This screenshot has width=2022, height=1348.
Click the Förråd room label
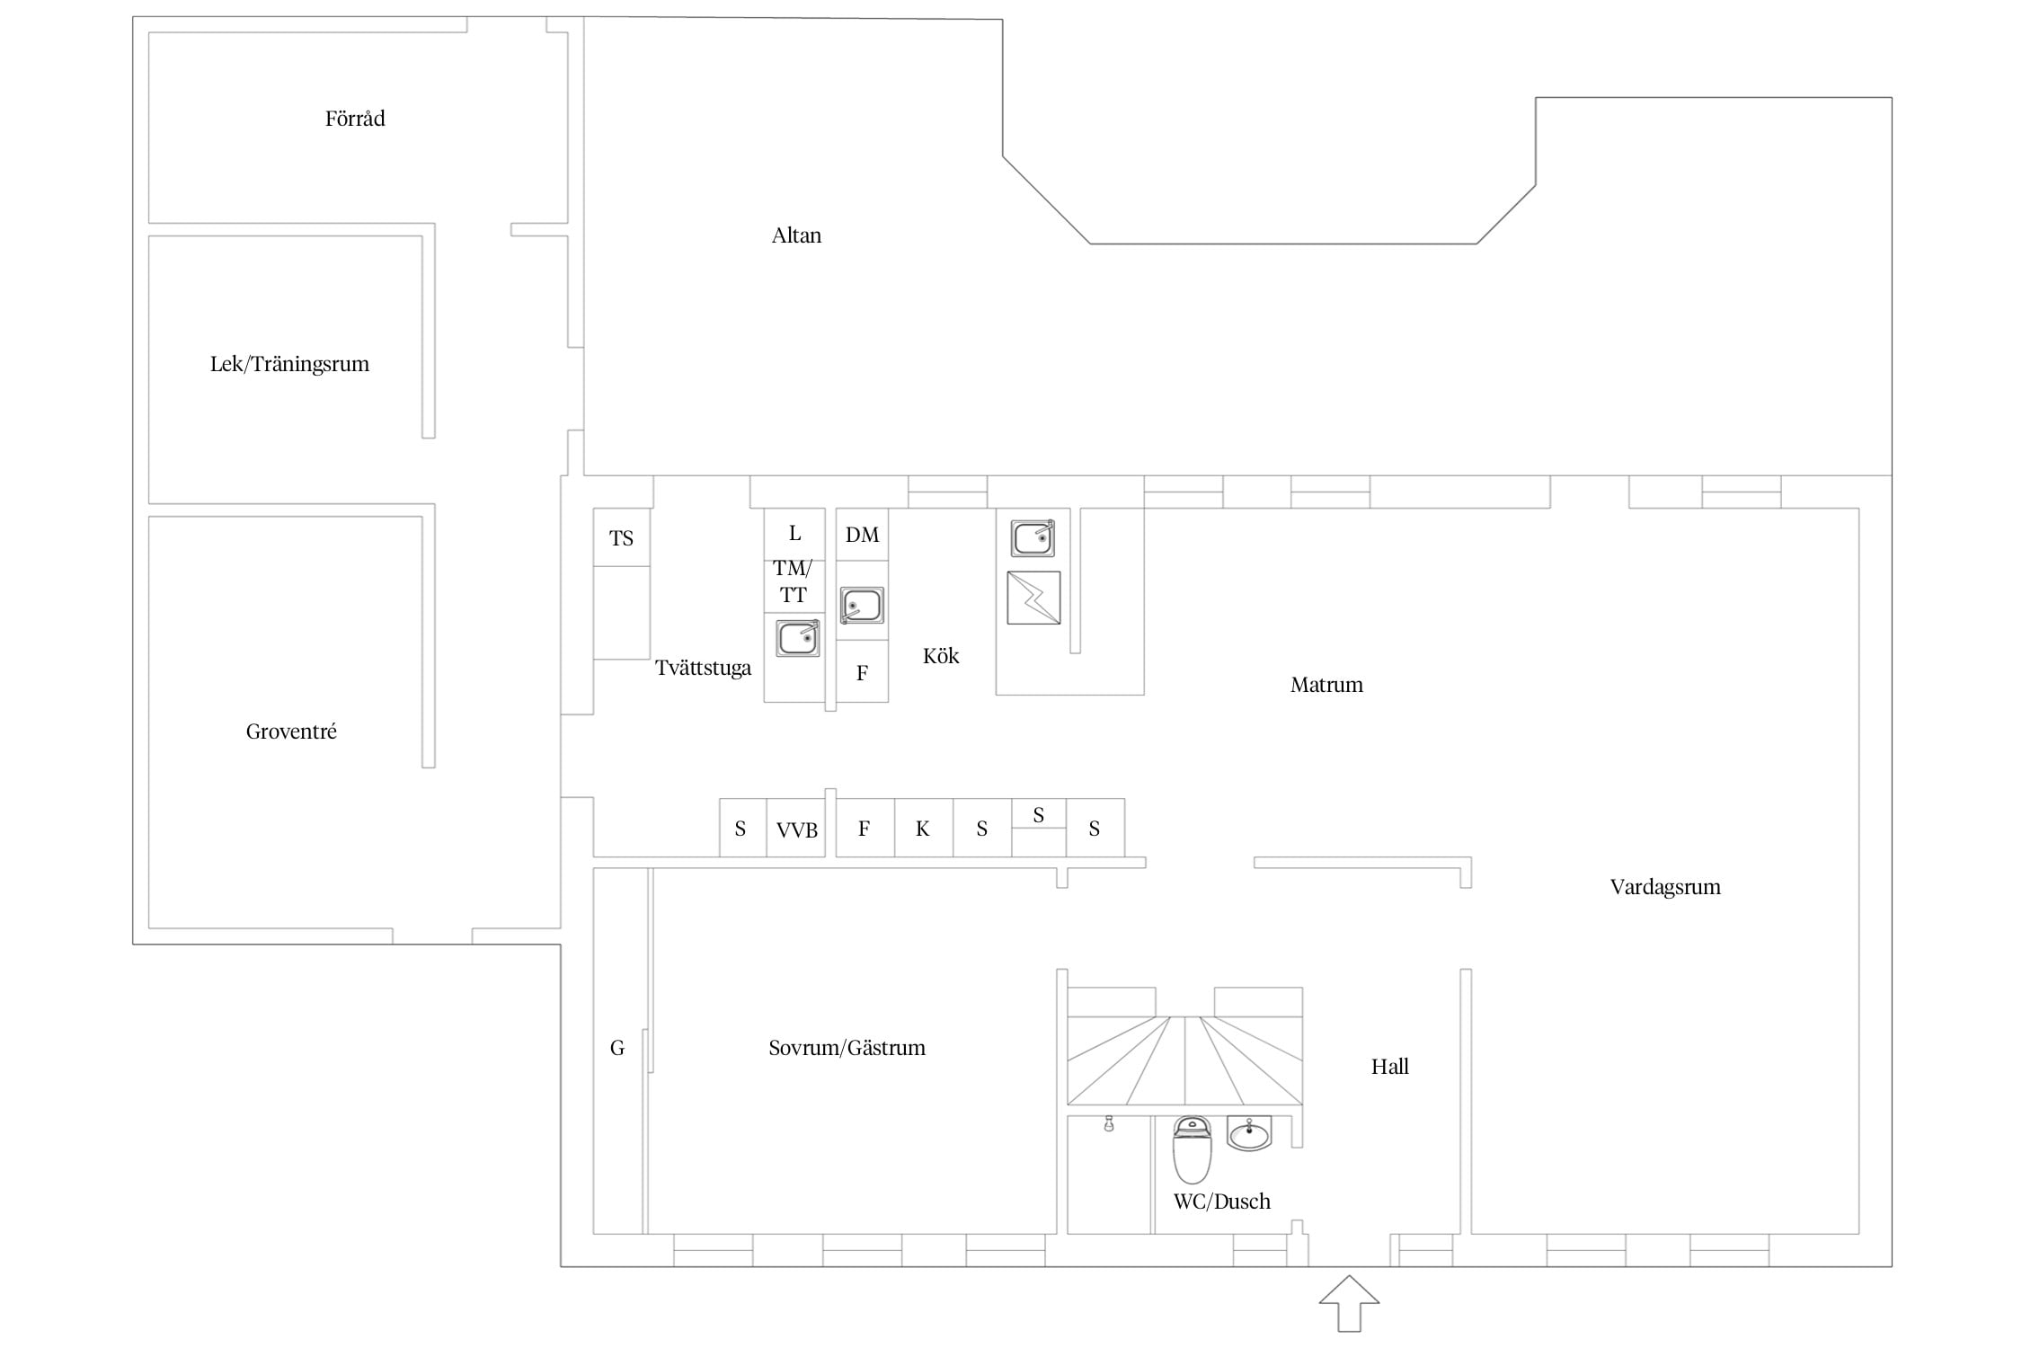tap(355, 119)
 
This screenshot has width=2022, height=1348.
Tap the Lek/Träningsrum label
tap(289, 364)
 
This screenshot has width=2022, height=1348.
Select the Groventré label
tap(291, 732)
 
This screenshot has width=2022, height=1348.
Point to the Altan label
tap(796, 235)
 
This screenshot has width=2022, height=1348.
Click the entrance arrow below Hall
tap(1349, 1303)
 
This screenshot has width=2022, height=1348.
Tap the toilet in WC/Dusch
tap(1193, 1150)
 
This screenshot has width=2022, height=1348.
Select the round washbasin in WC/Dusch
tap(1249, 1134)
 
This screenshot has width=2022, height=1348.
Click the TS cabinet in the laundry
tap(622, 537)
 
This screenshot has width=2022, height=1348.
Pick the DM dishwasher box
tap(862, 535)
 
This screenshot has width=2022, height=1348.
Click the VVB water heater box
tap(796, 828)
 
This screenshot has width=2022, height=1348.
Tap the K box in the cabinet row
tap(923, 828)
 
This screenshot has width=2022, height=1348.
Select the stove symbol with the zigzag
tap(1033, 598)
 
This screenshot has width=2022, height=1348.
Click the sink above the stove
tap(1033, 538)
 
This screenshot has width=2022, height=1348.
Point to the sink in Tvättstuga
tap(798, 638)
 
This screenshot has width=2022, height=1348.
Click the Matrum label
tap(1326, 685)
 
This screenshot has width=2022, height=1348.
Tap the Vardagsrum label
tap(1665, 887)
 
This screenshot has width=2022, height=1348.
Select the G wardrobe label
tap(617, 1048)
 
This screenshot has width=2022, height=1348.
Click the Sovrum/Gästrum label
tap(847, 1048)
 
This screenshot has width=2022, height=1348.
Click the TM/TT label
tap(793, 581)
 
